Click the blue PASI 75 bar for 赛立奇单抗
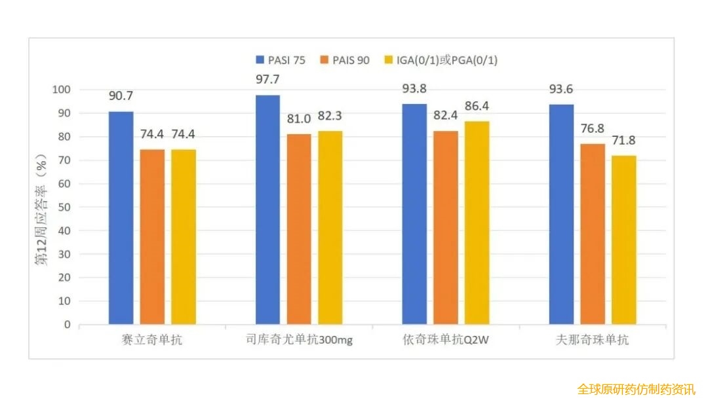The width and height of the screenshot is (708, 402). click(121, 218)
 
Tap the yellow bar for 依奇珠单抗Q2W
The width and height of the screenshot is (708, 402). click(477, 223)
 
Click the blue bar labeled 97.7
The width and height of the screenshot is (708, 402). click(267, 210)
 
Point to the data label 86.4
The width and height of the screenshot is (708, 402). click(477, 106)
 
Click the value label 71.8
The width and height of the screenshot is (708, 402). click(623, 140)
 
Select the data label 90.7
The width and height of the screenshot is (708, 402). click(121, 96)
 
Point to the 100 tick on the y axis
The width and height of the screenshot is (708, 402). click(61, 90)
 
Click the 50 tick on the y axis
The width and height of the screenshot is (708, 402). click(64, 207)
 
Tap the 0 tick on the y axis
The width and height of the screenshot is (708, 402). click(67, 324)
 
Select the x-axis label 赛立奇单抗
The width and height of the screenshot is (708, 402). click(152, 341)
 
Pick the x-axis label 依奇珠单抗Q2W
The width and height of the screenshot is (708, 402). click(446, 341)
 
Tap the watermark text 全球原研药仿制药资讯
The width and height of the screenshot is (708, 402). click(636, 389)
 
